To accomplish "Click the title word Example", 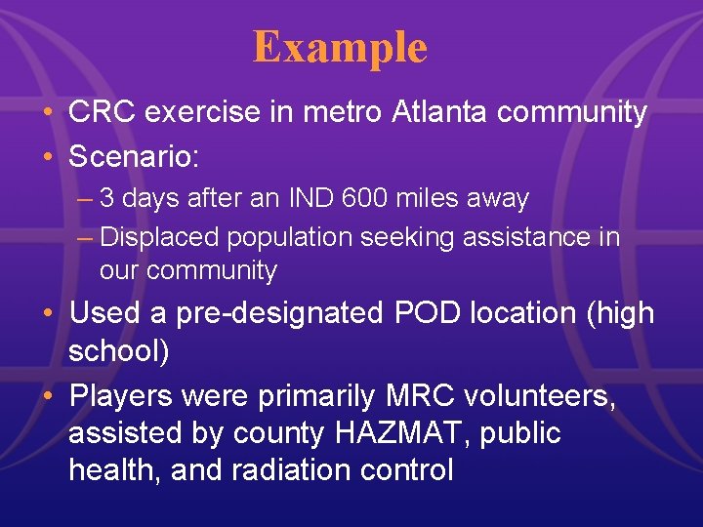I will click(340, 47).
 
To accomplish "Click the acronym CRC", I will click(100, 112).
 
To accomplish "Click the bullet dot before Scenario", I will click(48, 153).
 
